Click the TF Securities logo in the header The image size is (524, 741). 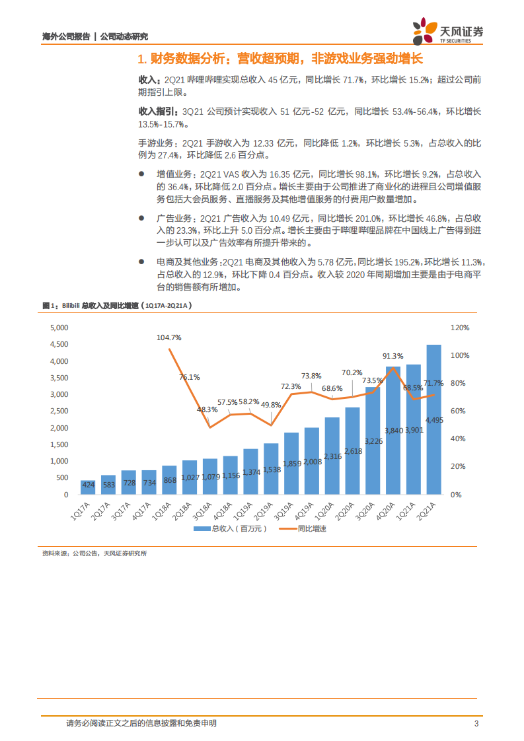pyautogui.click(x=447, y=31)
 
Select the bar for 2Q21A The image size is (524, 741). pyautogui.click(x=433, y=423)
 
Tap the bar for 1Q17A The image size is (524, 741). pyautogui.click(x=88, y=487)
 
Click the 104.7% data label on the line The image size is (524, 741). pyautogui.click(x=169, y=337)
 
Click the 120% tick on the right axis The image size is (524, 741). pyautogui.click(x=459, y=328)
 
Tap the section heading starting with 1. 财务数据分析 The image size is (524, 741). pyautogui.click(x=280, y=60)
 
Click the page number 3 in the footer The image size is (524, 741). pyautogui.click(x=476, y=723)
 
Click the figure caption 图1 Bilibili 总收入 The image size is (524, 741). pyautogui.click(x=116, y=306)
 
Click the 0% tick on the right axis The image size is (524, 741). pyautogui.click(x=455, y=494)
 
